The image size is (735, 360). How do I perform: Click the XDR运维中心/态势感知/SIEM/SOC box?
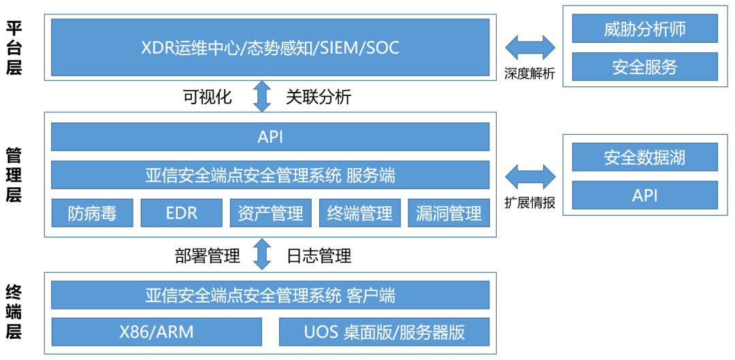click(x=270, y=48)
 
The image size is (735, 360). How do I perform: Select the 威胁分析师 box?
click(x=644, y=29)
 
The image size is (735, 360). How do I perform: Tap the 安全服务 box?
click(x=644, y=67)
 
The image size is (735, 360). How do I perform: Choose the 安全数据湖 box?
click(x=644, y=157)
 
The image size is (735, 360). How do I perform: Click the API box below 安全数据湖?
click(x=644, y=195)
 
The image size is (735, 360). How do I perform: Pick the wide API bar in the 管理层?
click(x=270, y=137)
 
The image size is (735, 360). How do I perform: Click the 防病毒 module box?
click(x=92, y=213)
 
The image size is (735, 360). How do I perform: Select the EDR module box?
click(x=181, y=213)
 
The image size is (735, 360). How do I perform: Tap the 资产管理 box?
click(x=270, y=213)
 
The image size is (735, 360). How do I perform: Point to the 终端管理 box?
click(x=359, y=213)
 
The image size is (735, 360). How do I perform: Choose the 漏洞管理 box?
click(x=448, y=213)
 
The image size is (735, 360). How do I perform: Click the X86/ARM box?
click(x=157, y=331)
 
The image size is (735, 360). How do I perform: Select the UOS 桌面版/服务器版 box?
click(x=384, y=331)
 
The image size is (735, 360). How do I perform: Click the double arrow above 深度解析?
click(x=530, y=48)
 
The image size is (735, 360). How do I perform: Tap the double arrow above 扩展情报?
click(x=530, y=176)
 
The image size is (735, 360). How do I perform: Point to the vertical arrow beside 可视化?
click(x=262, y=96)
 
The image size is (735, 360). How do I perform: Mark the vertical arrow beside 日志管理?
click(x=262, y=255)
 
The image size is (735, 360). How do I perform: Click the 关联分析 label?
click(x=318, y=97)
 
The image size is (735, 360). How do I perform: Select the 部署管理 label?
click(x=208, y=256)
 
